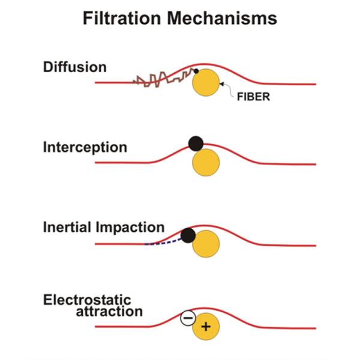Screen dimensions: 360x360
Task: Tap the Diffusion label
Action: [74, 67]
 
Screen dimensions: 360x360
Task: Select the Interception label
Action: [85, 147]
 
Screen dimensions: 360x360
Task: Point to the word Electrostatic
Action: [86, 299]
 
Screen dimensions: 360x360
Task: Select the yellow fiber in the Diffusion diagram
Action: [206, 83]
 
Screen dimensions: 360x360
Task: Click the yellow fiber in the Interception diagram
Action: [206, 163]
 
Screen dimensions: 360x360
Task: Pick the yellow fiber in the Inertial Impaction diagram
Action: [206, 244]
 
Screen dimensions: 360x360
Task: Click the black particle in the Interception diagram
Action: [196, 143]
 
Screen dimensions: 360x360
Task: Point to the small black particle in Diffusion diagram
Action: [195, 72]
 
